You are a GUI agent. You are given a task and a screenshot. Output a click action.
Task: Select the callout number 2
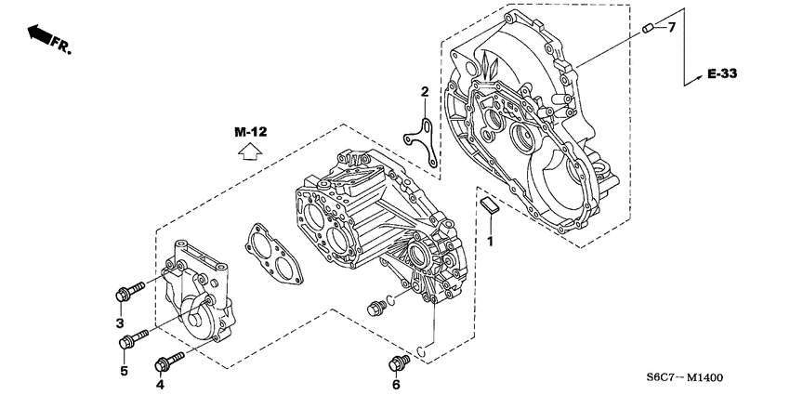[424, 92]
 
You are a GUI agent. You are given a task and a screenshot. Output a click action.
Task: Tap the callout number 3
[119, 323]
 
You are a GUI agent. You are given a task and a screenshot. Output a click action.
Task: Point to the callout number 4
[160, 384]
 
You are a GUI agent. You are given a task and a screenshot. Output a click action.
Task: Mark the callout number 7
[671, 28]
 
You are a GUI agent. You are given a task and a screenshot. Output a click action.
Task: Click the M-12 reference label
[250, 133]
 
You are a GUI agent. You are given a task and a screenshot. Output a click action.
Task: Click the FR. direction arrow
[46, 36]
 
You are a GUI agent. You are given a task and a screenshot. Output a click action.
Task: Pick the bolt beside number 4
[171, 358]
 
